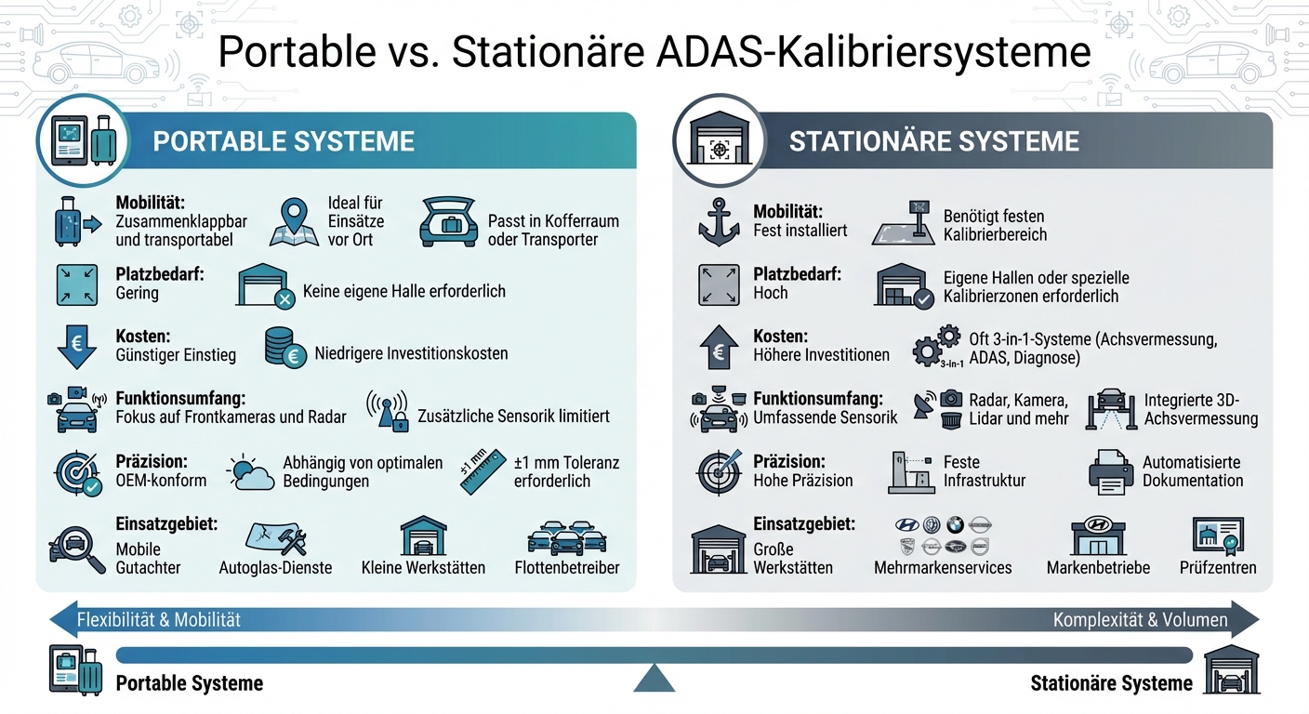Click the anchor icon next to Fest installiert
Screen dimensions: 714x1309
[718, 221]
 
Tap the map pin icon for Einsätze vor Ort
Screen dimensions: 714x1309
[294, 222]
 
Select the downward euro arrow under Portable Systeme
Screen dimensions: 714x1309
[77, 346]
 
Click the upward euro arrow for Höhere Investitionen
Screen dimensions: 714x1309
[718, 347]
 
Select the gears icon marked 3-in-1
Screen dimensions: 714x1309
[936, 346]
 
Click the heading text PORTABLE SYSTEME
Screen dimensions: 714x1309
[284, 141]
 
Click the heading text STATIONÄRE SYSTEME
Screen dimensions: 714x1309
[933, 141]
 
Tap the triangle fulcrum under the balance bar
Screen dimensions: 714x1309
[654, 679]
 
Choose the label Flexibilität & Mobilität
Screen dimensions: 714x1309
[158, 620]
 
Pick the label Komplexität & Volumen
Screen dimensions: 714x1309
[1140, 620]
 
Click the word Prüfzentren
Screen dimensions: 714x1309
[1218, 567]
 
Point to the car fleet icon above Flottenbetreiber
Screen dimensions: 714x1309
[566, 536]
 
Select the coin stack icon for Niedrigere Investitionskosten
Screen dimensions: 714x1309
[284, 346]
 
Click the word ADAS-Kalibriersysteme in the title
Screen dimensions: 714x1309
[873, 53]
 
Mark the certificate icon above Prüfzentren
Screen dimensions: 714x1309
[1218, 536]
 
